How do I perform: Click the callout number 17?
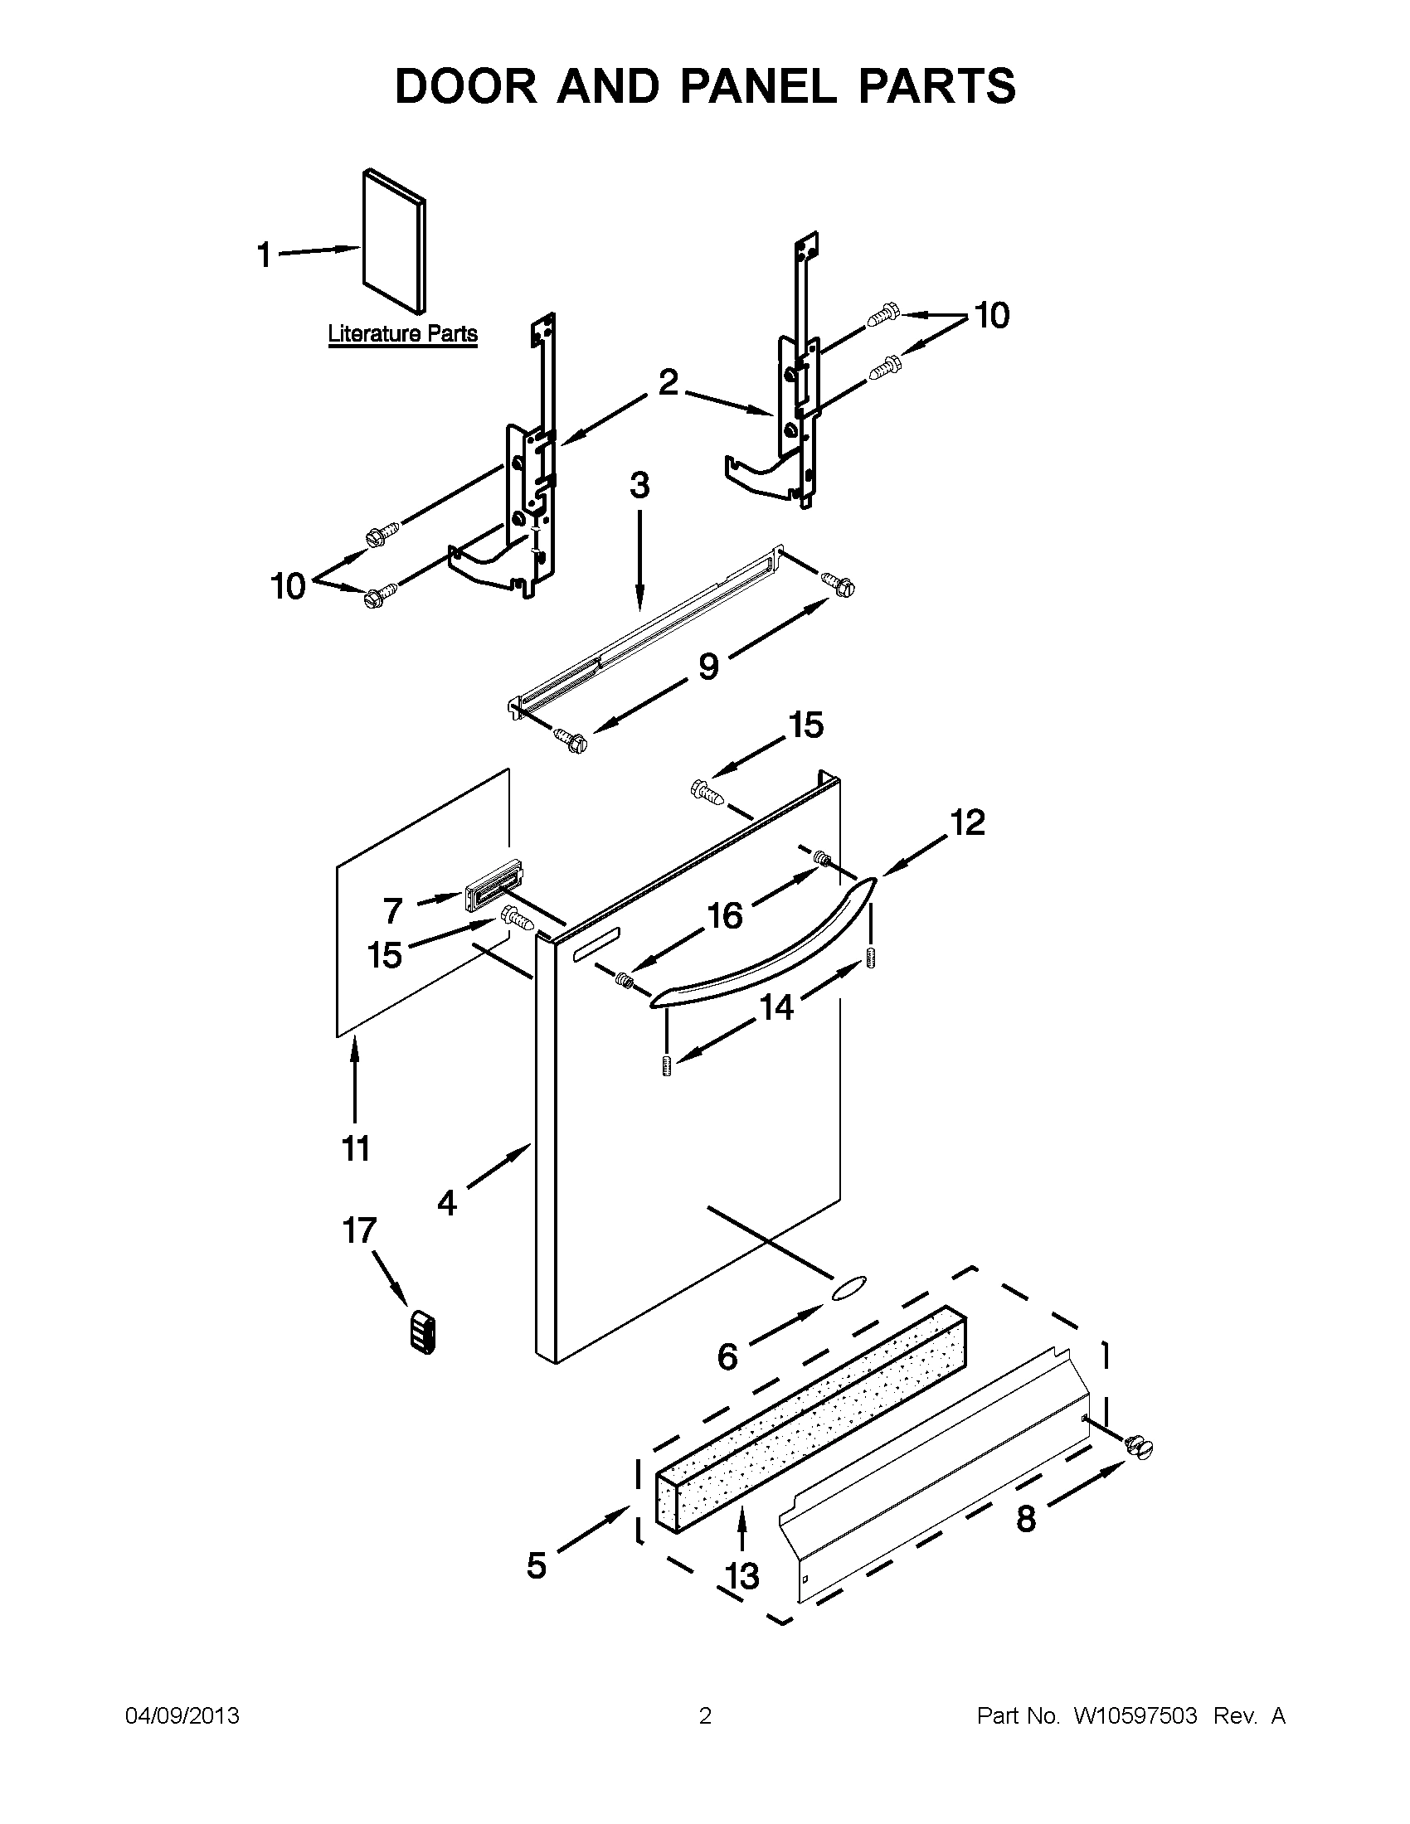359,1230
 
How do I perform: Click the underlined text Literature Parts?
402,334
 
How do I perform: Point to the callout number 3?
639,485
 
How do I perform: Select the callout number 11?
356,1147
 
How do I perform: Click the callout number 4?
447,1204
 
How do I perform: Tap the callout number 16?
725,915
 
